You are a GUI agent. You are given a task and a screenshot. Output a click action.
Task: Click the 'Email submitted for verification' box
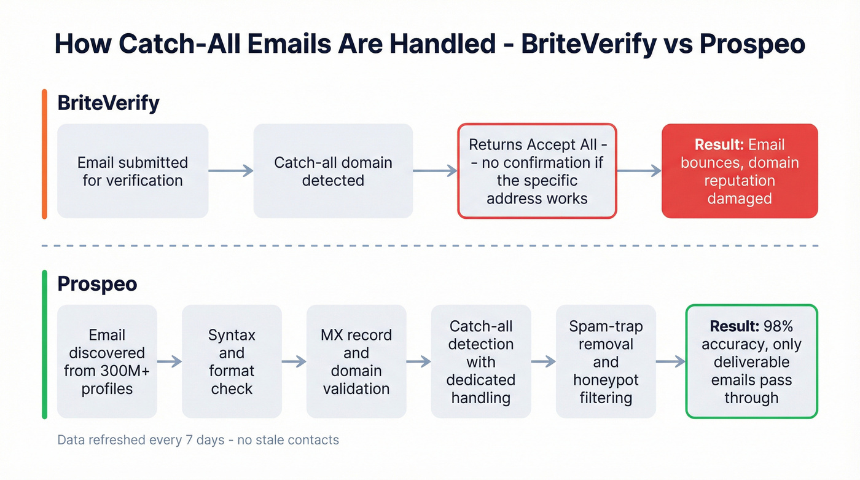pos(133,171)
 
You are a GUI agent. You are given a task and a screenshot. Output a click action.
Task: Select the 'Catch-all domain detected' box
pos(333,171)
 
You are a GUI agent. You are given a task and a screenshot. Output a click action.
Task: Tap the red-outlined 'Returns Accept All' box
pos(537,171)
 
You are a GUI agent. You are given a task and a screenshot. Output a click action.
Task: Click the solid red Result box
pos(740,171)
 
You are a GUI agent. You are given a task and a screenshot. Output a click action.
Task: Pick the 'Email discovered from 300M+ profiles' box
pos(107,361)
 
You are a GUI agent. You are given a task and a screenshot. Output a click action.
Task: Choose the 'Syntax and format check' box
pos(232,361)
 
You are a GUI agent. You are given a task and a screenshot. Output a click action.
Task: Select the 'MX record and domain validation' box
pos(356,361)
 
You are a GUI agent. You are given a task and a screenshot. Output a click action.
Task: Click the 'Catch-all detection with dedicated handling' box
pos(481,361)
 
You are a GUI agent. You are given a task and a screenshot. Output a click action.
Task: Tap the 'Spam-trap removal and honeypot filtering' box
pos(606,361)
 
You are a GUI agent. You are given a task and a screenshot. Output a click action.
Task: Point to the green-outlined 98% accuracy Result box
pos(751,361)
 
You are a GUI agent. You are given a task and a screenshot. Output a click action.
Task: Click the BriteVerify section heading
pos(108,103)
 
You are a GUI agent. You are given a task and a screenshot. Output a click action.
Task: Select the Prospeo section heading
pos(97,284)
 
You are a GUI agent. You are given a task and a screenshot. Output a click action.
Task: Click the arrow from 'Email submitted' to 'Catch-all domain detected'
pos(231,171)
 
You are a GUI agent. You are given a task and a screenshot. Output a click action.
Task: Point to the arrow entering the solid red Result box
pos(639,171)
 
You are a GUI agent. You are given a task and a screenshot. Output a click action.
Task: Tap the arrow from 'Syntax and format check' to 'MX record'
pos(294,361)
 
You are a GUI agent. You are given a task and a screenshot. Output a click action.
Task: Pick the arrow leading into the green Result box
pos(670,361)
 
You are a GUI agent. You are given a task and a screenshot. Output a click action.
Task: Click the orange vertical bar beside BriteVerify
pos(44,154)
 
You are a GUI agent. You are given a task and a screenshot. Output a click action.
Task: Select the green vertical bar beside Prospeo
pos(44,344)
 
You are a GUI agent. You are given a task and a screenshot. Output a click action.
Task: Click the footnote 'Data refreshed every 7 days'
pos(198,440)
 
